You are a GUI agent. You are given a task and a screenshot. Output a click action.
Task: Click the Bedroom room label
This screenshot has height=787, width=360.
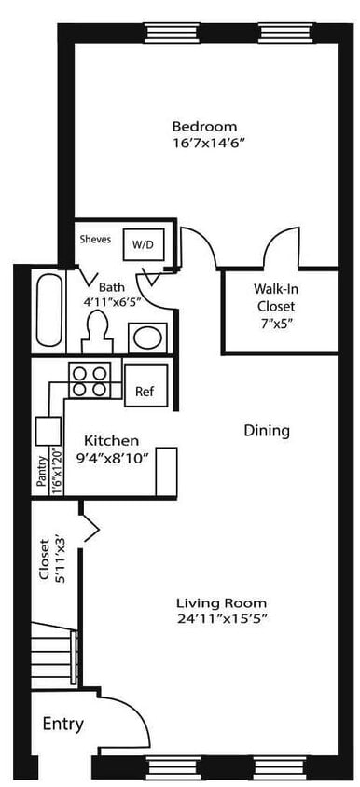point(203,126)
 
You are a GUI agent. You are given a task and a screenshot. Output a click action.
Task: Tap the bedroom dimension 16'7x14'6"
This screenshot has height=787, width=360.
point(203,144)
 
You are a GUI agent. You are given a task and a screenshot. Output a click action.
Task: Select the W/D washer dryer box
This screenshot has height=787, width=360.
point(144,243)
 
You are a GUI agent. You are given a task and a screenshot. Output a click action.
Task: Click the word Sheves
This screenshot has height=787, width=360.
point(96,239)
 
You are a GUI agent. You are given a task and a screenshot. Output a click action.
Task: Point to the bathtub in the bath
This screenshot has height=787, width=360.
point(48,308)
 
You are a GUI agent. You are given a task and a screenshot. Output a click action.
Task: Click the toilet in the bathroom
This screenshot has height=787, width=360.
point(97,329)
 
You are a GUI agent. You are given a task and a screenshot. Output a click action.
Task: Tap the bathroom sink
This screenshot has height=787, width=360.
point(146,336)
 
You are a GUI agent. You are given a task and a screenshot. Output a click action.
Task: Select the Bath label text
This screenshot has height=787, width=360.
point(112,287)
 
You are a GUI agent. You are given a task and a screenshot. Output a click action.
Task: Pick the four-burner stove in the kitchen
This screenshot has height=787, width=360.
point(90,380)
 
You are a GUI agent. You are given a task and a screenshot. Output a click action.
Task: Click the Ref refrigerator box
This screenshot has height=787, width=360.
point(145,392)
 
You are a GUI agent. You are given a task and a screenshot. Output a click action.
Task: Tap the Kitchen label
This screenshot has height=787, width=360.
point(111,440)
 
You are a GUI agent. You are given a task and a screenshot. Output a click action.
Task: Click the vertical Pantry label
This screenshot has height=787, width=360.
point(42,472)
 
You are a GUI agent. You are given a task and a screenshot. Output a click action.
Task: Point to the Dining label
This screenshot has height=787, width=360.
point(267,431)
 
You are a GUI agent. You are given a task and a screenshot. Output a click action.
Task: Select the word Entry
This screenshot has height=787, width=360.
point(62,724)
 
